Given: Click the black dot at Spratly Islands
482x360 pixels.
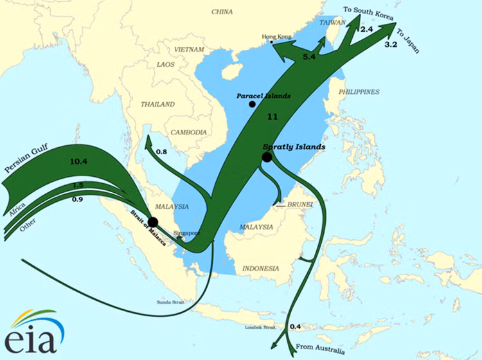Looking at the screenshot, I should coord(267,156).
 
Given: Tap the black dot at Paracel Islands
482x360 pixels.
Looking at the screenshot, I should coord(252,104).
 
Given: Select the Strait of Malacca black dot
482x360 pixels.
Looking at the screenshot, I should coord(153,222).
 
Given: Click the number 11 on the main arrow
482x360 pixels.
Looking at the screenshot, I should coord(272,118).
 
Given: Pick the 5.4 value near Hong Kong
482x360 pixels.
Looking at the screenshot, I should coord(309,58).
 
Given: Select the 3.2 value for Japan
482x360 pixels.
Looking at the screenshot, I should coord(391,46).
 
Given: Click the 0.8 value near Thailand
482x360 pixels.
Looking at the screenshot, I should coord(161,152).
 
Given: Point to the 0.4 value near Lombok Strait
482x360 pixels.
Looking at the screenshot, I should coord(296,327).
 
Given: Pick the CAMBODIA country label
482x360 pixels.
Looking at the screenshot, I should coord(188,132).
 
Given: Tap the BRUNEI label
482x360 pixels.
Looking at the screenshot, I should coord(301,205).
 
